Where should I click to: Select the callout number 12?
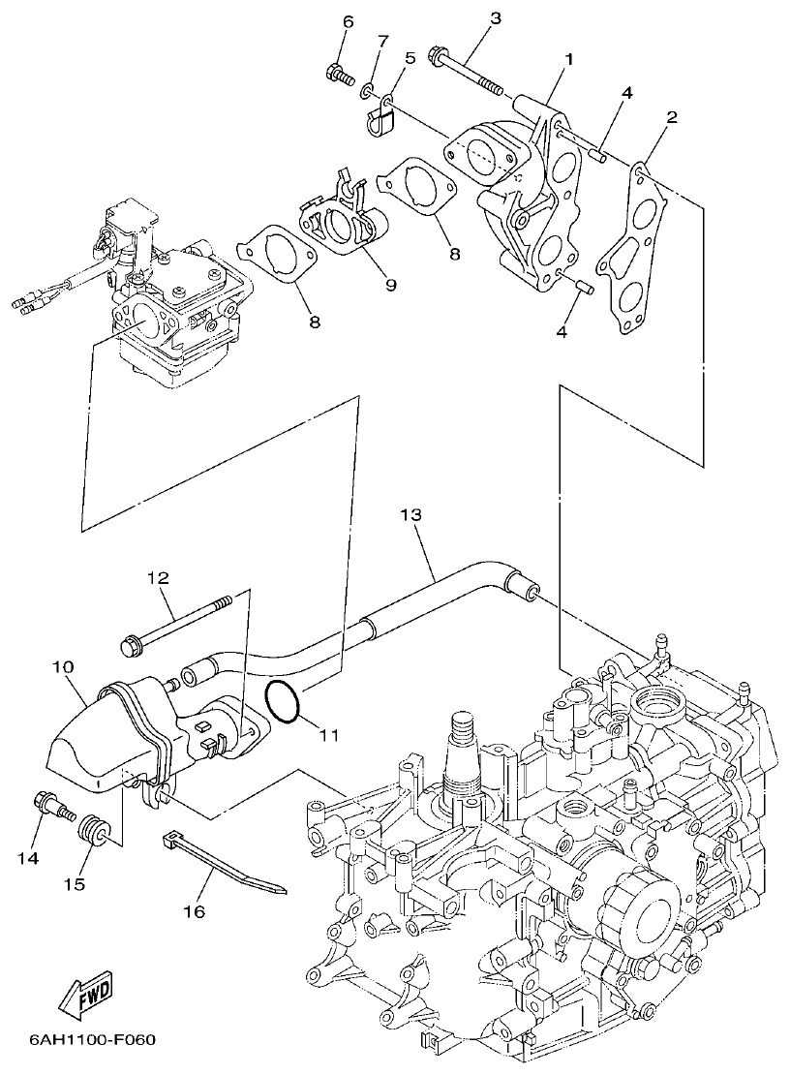[x=158, y=578]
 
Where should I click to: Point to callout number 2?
[x=672, y=118]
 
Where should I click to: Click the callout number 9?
[x=390, y=285]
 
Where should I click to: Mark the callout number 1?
[x=569, y=59]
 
